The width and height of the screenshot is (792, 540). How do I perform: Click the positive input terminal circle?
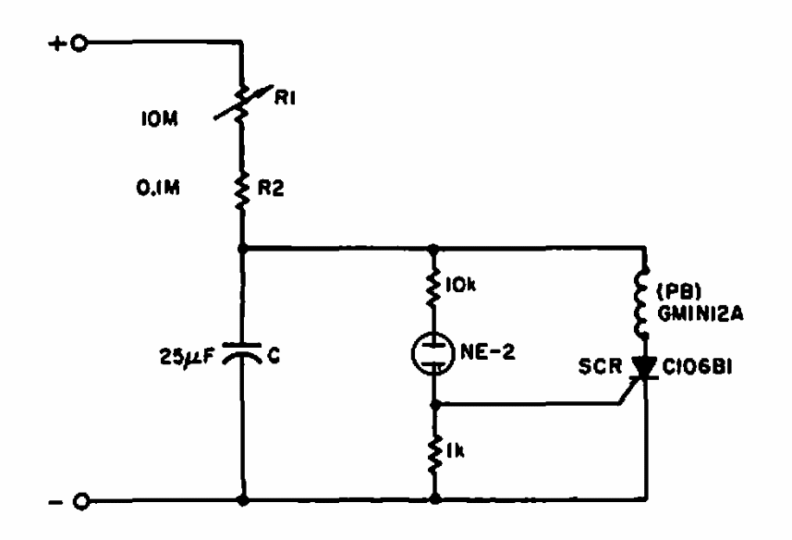79,44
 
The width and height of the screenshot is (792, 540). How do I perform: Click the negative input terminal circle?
80,501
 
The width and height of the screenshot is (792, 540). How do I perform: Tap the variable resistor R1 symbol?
243,102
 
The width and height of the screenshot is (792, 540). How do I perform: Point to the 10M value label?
160,119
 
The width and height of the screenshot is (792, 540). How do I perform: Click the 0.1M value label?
158,188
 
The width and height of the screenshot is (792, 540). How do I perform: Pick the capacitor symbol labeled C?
243,351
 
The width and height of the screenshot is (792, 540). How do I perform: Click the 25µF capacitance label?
187,357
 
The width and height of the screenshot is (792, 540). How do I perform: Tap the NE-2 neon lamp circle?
433,354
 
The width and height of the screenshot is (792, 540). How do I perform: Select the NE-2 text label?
487,352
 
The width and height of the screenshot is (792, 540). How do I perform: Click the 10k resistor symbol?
433,286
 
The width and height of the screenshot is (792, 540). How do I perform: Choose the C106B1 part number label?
697,367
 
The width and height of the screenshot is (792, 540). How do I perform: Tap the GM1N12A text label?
701,313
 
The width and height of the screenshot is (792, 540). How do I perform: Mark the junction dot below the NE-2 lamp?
434,405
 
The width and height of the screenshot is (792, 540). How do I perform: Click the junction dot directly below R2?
242,249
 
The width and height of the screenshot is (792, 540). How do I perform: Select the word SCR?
600,367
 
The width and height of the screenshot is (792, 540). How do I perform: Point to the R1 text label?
285,98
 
